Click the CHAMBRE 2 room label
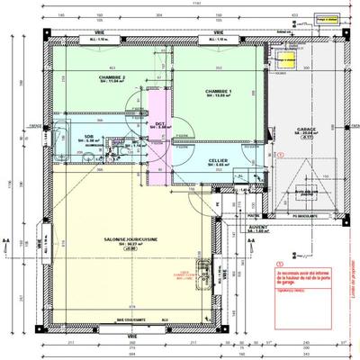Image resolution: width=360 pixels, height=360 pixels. pyautogui.click(x=112, y=78)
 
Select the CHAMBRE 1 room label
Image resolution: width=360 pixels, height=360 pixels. pyautogui.click(x=218, y=92)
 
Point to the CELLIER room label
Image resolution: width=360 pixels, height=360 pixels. pyautogui.click(x=220, y=160)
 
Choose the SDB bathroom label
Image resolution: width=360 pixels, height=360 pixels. pyautogui.click(x=90, y=137)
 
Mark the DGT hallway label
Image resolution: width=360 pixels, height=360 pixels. pyautogui.click(x=158, y=123)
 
